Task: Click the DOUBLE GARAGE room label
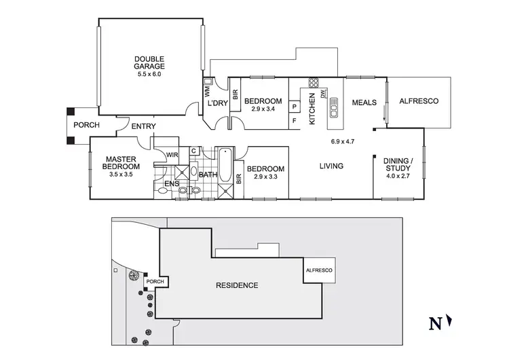(x=149, y=62)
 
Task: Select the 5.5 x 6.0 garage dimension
(x=149, y=75)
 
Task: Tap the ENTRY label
(x=143, y=126)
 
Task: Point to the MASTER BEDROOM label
(x=121, y=162)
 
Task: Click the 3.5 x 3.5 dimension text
(x=121, y=175)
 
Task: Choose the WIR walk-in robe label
(x=172, y=155)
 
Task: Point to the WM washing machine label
(x=208, y=90)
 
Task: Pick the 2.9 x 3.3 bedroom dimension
(x=265, y=177)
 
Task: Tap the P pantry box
(x=295, y=107)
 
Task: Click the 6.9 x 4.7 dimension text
(x=343, y=142)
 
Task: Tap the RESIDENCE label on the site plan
(x=236, y=285)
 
